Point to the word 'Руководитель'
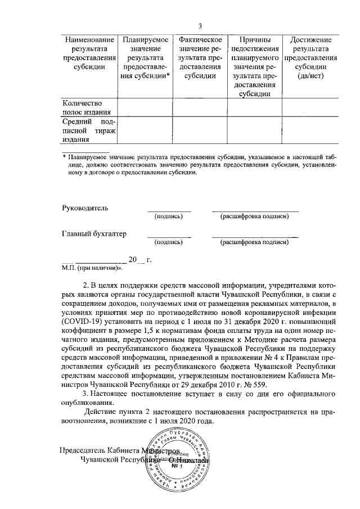[84, 208]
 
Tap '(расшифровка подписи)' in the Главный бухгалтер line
[255, 242]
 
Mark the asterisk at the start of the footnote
[64, 157]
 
